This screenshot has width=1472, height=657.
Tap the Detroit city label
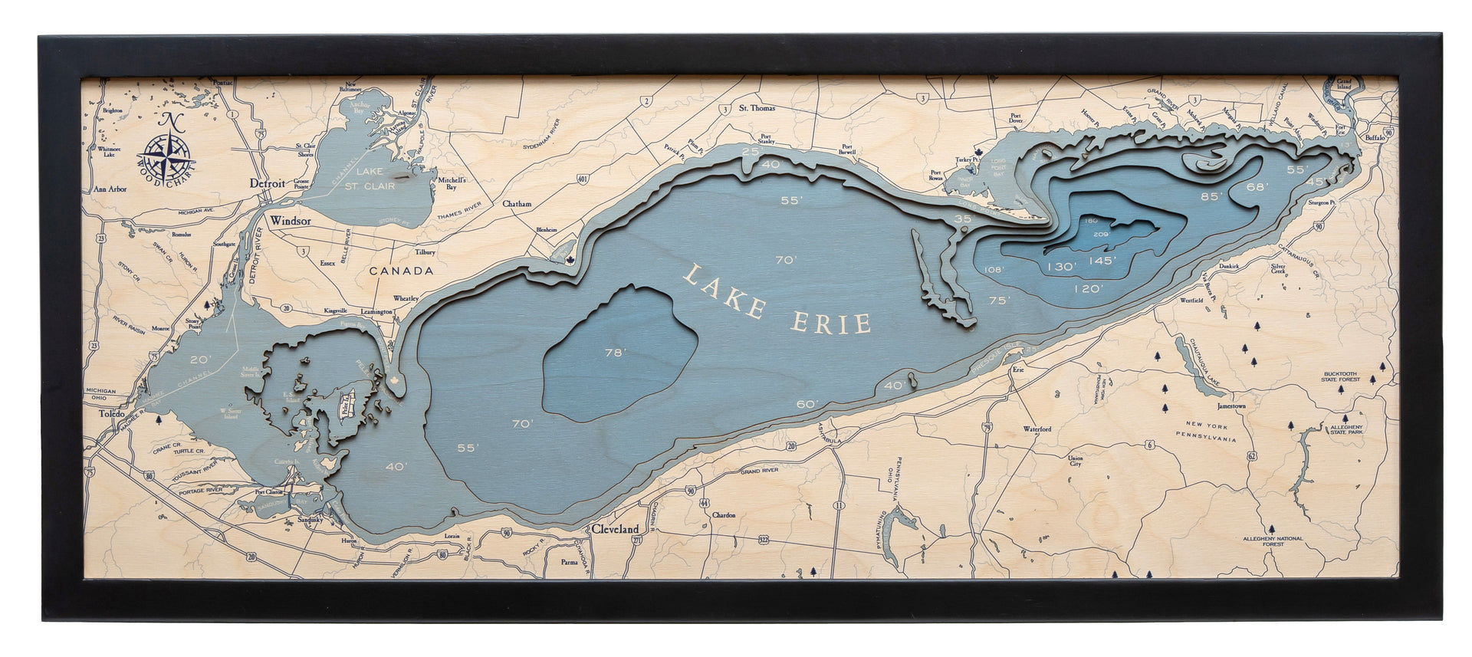268,184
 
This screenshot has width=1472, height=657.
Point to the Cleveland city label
615,529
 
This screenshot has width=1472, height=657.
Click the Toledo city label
112,414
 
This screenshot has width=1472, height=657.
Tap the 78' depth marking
616,353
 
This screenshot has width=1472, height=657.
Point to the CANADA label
401,271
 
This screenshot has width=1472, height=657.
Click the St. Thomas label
757,109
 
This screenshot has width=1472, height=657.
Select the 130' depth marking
1061,267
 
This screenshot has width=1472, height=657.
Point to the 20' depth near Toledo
201,360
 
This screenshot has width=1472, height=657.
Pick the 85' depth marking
1212,196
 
